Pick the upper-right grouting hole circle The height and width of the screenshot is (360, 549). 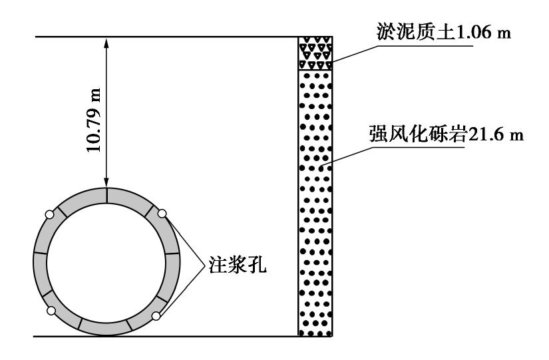162,214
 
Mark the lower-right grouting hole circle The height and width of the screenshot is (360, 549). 155,316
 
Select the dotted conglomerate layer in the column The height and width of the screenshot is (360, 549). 314,200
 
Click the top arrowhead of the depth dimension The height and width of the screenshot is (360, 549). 106,42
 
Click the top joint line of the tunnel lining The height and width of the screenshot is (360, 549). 106,194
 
